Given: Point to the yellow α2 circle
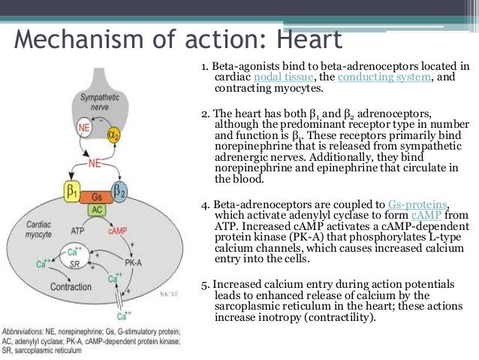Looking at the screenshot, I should coord(114,136).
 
